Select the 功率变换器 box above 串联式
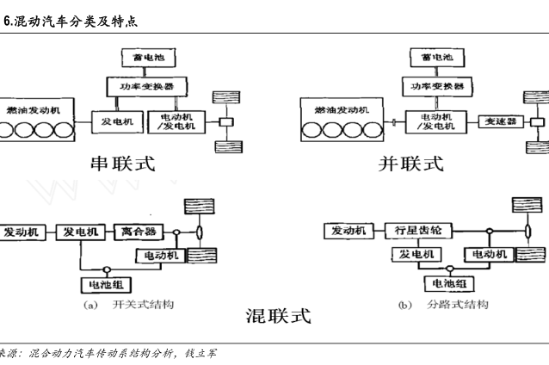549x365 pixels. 139,86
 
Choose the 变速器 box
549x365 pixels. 500,121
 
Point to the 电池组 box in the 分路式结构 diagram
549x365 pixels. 447,282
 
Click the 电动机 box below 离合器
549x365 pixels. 161,256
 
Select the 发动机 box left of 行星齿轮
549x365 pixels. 346,231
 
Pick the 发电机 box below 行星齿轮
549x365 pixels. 416,255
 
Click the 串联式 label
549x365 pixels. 123,164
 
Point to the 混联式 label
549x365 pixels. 277,316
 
